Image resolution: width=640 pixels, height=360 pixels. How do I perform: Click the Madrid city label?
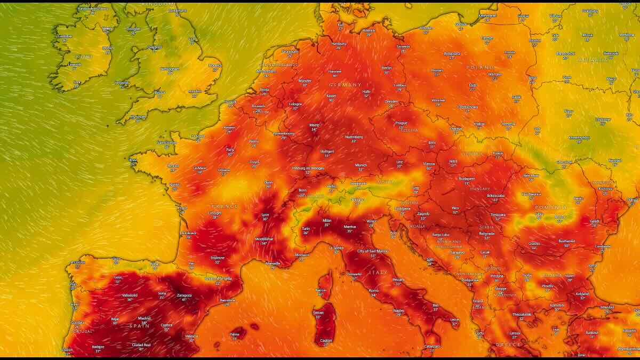click(x=144, y=318)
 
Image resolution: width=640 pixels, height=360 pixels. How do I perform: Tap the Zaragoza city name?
click(x=185, y=295)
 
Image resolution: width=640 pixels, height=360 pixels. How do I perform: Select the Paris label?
click(x=230, y=149)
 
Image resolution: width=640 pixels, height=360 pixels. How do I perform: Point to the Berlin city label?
click(x=386, y=68)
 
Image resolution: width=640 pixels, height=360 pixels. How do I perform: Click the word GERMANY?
click(x=345, y=85)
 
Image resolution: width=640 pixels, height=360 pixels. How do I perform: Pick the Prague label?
click(x=401, y=123)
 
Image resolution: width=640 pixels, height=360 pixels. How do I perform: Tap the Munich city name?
click(x=361, y=165)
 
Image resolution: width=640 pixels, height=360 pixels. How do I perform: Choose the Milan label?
click(x=327, y=220)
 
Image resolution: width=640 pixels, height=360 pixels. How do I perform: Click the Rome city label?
click(x=373, y=290)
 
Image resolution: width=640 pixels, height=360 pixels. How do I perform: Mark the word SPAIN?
click(x=139, y=325)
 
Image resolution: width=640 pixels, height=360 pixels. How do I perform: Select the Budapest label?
click(x=467, y=179)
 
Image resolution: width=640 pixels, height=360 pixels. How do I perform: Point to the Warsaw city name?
click(x=494, y=74)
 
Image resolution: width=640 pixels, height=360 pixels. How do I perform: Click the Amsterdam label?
click(x=266, y=71)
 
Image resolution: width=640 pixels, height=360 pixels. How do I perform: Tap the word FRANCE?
click(x=225, y=206)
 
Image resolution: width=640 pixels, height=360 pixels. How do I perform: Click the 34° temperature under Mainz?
click(x=314, y=130)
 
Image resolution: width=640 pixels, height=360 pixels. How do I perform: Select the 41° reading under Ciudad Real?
click(x=141, y=349)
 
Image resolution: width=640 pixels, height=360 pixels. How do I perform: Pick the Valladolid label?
click(x=130, y=295)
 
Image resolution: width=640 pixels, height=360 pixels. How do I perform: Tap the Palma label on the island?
click(x=235, y=334)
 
